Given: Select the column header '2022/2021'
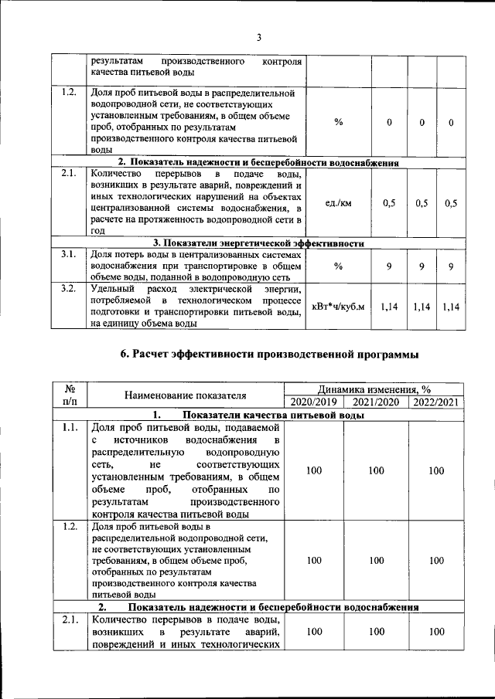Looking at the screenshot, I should [436, 402].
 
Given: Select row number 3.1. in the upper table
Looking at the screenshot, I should [69, 253].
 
